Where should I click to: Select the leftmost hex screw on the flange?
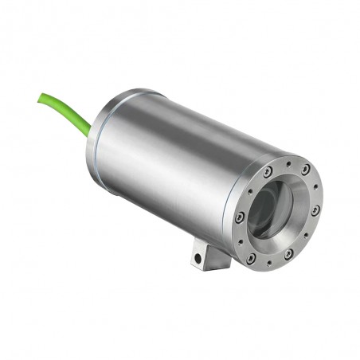[x=240, y=217]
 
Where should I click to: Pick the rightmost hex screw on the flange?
[x=316, y=210]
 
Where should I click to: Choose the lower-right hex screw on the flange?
[x=288, y=254]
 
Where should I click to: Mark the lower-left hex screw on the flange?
[x=251, y=258]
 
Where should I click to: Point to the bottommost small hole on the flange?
[x=269, y=262]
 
